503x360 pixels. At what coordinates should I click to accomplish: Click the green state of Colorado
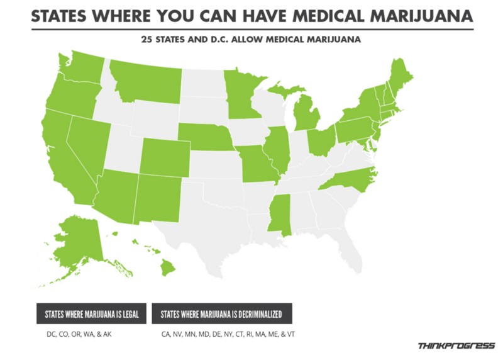tap(164, 156)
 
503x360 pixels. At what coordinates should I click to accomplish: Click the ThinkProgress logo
tap(456, 345)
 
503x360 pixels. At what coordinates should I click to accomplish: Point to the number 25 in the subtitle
tap(149, 40)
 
